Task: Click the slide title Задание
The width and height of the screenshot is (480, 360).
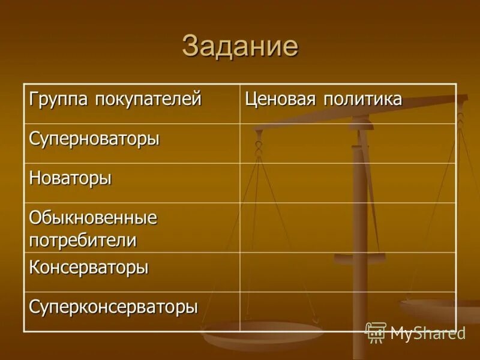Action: pyautogui.click(x=240, y=46)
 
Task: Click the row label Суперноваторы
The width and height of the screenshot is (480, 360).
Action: pyautogui.click(x=94, y=139)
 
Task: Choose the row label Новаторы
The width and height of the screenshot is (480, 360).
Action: pyautogui.click(x=70, y=179)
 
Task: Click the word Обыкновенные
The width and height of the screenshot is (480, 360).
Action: pyautogui.click(x=93, y=218)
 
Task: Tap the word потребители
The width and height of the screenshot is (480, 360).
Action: pyautogui.click(x=83, y=240)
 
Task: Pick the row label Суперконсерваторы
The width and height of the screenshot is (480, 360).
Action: pyautogui.click(x=113, y=307)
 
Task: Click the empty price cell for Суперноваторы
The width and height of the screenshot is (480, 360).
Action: pyautogui.click(x=348, y=143)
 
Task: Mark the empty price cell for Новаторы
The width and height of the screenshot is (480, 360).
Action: pyautogui.click(x=348, y=182)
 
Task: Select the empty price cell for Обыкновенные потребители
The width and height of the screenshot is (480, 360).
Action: pyautogui.click(x=348, y=227)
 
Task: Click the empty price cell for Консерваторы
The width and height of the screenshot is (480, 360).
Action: pyautogui.click(x=348, y=271)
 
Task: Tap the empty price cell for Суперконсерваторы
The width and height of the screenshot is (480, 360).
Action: pyautogui.click(x=348, y=311)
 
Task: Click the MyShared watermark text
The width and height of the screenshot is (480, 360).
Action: pyautogui.click(x=428, y=333)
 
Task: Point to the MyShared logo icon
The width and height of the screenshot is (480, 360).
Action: pyautogui.click(x=376, y=332)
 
